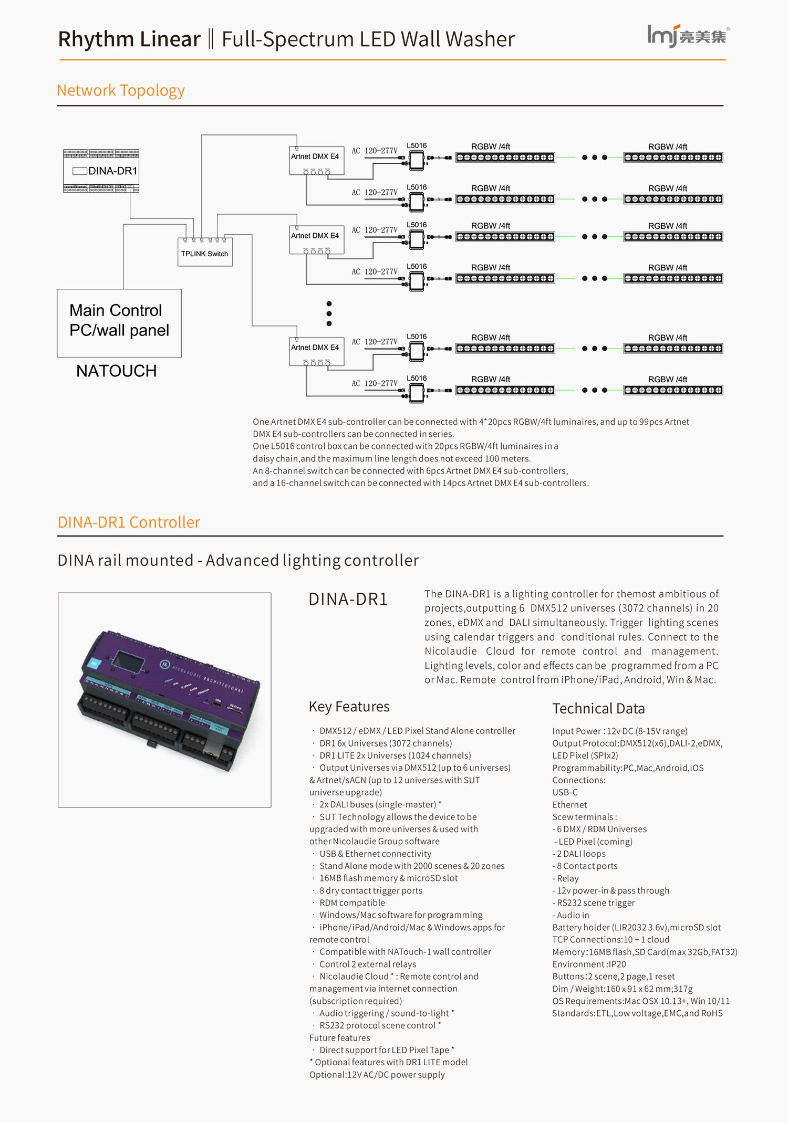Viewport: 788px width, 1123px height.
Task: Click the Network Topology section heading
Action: [x=120, y=90]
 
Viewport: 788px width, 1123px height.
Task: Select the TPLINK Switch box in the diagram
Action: [x=205, y=253]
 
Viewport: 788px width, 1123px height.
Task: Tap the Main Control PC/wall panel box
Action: [x=119, y=322]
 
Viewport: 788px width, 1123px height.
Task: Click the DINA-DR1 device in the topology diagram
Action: [x=101, y=171]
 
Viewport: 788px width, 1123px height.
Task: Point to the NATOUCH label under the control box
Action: [x=116, y=371]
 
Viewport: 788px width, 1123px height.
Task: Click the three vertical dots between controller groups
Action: [x=329, y=313]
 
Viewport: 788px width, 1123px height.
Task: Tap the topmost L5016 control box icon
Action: [x=417, y=160]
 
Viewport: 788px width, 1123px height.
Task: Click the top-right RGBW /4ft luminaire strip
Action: [x=673, y=157]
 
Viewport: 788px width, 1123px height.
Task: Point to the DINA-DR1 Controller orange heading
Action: [x=129, y=522]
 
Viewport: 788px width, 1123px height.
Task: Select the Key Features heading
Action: [x=349, y=707]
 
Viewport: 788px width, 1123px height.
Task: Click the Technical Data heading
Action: [x=598, y=709]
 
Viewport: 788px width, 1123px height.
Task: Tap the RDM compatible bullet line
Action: [x=352, y=902]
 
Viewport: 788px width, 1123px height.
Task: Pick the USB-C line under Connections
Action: [x=565, y=792]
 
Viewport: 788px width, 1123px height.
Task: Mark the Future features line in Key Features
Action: [x=339, y=1037]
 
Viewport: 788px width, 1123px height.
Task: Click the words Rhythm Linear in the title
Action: [x=129, y=39]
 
